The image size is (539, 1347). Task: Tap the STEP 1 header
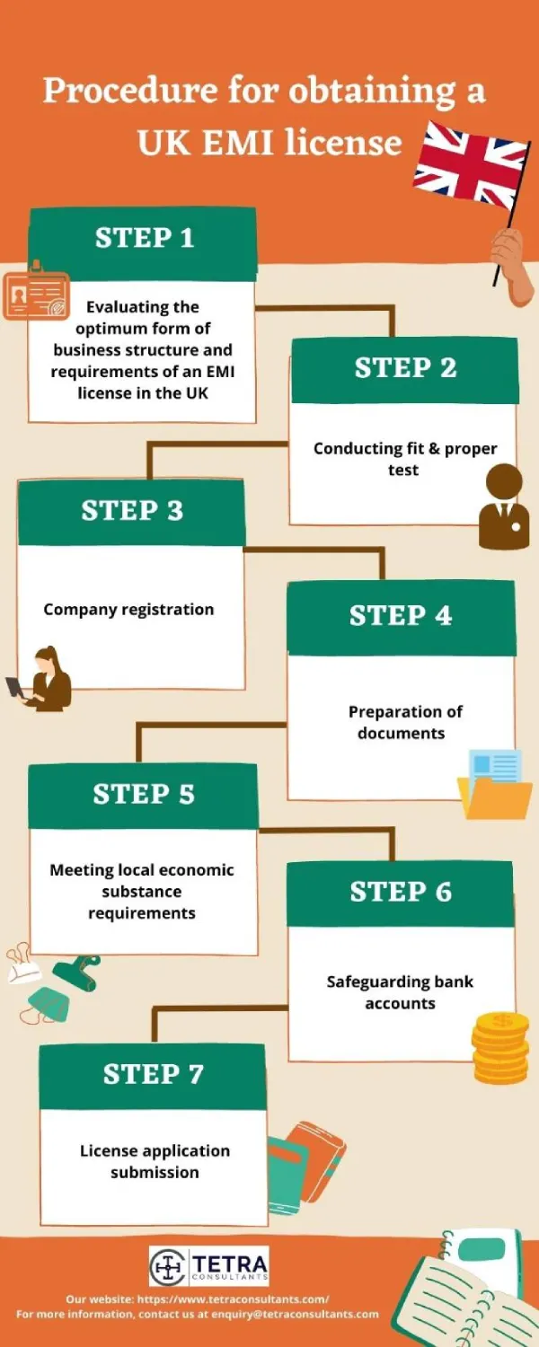point(144,238)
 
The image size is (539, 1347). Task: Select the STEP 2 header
point(405,367)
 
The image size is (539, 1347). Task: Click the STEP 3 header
point(131,510)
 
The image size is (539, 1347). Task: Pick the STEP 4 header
point(401,616)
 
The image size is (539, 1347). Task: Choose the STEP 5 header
point(144,794)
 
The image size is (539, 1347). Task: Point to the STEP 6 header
point(401,892)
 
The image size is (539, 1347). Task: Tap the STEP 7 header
point(153,1074)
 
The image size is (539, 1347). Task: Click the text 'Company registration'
point(128,609)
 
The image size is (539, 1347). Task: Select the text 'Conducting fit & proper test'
point(404,458)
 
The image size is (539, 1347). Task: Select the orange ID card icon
point(37,291)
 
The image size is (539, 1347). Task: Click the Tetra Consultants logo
point(209,1266)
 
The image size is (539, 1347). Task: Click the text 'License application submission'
point(155,1161)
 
